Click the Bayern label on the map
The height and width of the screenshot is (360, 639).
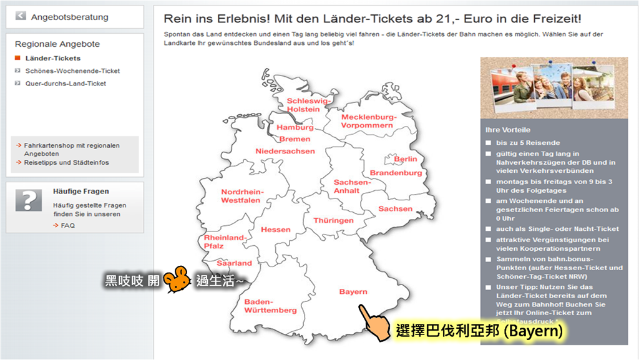(x=353, y=291)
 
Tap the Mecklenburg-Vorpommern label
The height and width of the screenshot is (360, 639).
(x=369, y=121)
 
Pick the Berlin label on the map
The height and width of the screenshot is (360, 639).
(x=405, y=159)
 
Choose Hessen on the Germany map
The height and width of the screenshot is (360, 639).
(x=276, y=230)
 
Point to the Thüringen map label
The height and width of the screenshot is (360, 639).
(x=333, y=220)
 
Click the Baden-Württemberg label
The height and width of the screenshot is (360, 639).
(x=270, y=306)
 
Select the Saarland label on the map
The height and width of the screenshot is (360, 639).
(x=235, y=263)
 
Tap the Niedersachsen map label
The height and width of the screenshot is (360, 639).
(x=285, y=151)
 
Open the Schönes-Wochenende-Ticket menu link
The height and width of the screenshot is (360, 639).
(x=72, y=71)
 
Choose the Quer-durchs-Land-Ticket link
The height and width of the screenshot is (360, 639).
(x=66, y=84)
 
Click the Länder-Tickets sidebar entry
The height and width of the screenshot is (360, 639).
(x=53, y=58)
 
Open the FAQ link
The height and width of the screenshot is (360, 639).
(x=67, y=225)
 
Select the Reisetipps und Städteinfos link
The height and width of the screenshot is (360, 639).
(x=67, y=162)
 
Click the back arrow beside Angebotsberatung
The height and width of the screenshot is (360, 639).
(x=21, y=16)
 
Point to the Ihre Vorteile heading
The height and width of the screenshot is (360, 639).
(x=508, y=130)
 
